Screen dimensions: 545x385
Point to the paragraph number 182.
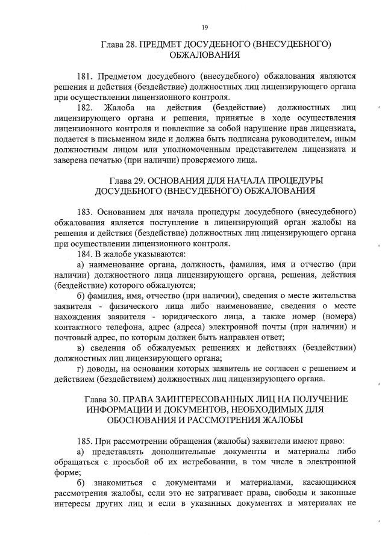coord(86,107)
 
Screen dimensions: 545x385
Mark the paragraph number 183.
coord(86,213)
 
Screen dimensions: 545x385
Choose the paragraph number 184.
coord(86,254)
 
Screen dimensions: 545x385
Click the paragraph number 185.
coord(86,441)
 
